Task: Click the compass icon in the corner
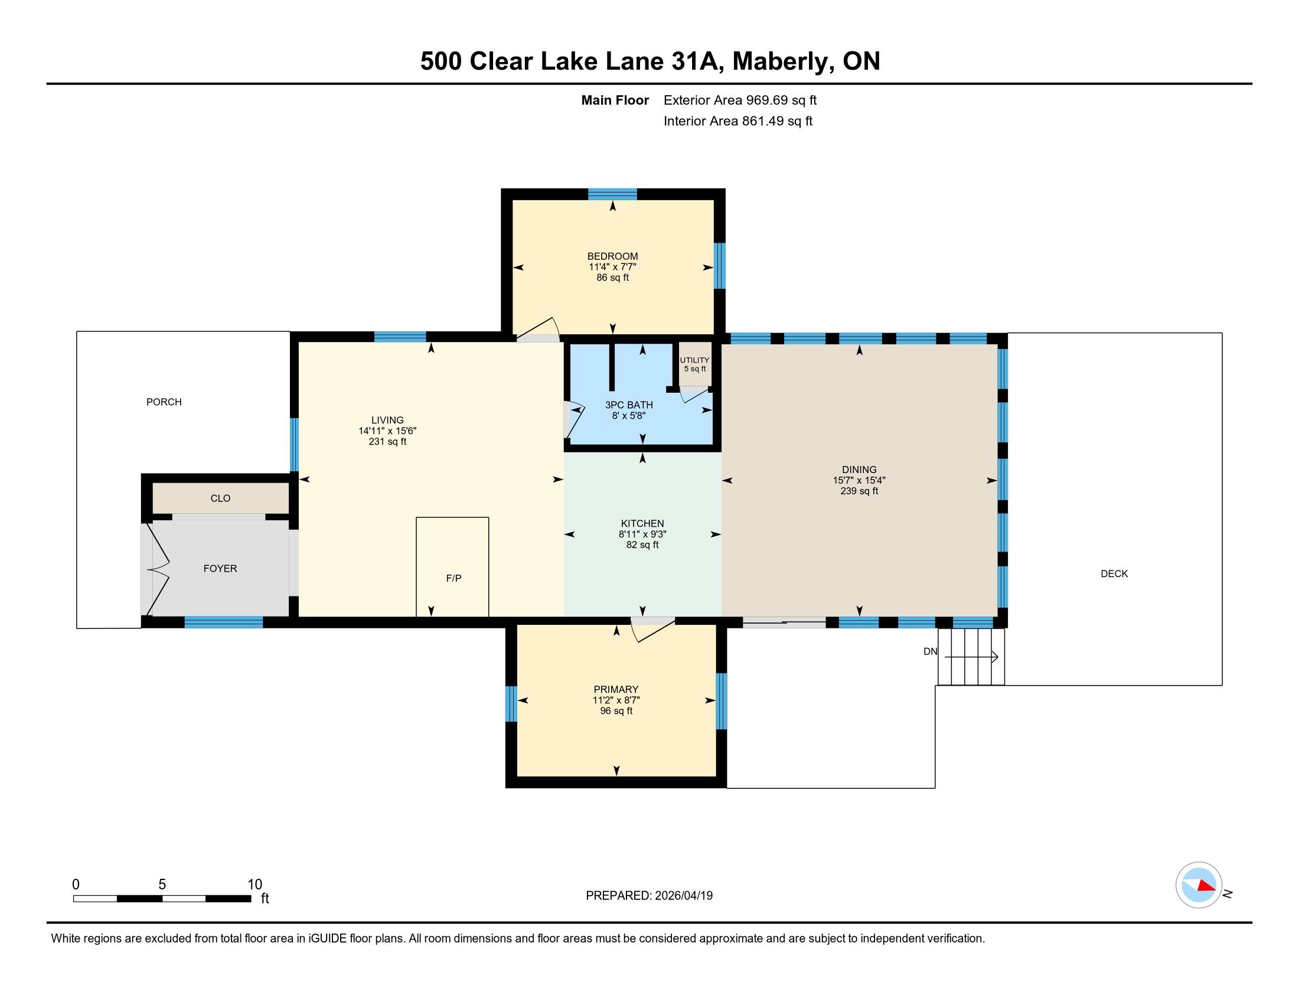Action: pos(1199,885)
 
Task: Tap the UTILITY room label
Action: pos(695,360)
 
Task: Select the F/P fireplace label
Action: pos(454,578)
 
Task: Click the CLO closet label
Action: pos(220,498)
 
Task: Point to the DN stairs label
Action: pos(930,651)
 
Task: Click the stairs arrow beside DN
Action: pos(971,657)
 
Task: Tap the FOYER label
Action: pos(220,569)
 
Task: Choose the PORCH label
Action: pos(164,402)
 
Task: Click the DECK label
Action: pos(1114,574)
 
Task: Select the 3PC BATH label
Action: pos(629,405)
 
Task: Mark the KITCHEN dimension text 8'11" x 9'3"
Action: pos(642,534)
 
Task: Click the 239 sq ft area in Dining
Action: pos(859,491)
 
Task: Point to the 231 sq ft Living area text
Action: pos(387,442)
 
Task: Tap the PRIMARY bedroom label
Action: pos(616,689)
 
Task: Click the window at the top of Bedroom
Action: pos(613,194)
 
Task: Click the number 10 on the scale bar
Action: pos(254,885)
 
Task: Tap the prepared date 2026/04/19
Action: pos(683,896)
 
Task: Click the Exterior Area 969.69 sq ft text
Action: pos(740,100)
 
